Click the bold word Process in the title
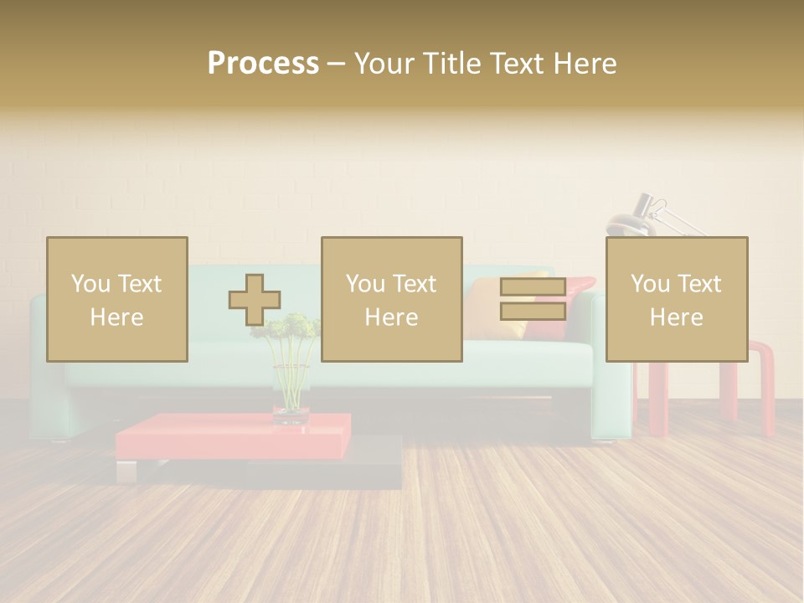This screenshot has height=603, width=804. click(x=263, y=64)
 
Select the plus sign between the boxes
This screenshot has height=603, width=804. click(x=255, y=300)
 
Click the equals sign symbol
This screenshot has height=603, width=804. click(x=533, y=300)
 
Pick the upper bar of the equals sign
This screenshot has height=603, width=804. click(x=533, y=287)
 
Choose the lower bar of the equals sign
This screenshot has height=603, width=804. click(x=533, y=312)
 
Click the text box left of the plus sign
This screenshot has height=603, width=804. click(x=117, y=300)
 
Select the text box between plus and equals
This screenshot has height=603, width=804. click(x=392, y=300)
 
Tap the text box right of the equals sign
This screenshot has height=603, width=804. click(x=677, y=300)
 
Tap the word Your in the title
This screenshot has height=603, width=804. click(x=385, y=64)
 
